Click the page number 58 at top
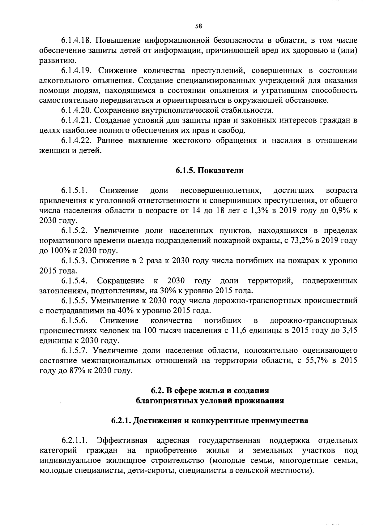point(198,26)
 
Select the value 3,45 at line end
point(349,330)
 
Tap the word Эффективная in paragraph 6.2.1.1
point(122,440)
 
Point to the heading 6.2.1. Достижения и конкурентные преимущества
point(210,421)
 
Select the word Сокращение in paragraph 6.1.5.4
point(121,281)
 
